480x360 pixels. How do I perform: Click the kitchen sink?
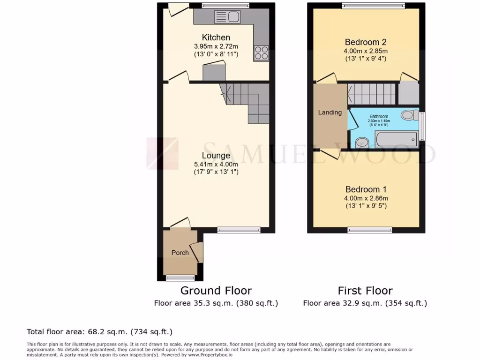[x=227, y=17]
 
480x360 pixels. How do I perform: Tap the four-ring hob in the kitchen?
[x=261, y=52]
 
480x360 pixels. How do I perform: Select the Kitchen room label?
[x=216, y=37]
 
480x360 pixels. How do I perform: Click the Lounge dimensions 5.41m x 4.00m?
[x=216, y=164]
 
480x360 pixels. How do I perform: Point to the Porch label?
[x=180, y=253]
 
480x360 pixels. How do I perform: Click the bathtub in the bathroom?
[x=396, y=139]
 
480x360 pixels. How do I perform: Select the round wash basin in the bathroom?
[x=361, y=142]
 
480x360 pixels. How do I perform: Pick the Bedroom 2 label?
[x=366, y=42]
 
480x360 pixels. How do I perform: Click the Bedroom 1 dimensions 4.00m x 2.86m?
[x=366, y=198]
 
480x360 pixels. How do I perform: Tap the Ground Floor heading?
[x=216, y=291]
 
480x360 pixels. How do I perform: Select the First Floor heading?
[x=365, y=291]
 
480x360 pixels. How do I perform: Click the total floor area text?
[x=99, y=332]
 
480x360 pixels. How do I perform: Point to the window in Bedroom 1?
[x=370, y=230]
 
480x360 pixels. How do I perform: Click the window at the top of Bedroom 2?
[x=373, y=6]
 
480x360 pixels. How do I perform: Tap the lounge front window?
[x=239, y=230]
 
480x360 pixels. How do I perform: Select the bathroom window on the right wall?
[x=422, y=126]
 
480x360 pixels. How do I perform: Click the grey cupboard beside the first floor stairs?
[x=408, y=93]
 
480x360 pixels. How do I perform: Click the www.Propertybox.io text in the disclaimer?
[x=214, y=354]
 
